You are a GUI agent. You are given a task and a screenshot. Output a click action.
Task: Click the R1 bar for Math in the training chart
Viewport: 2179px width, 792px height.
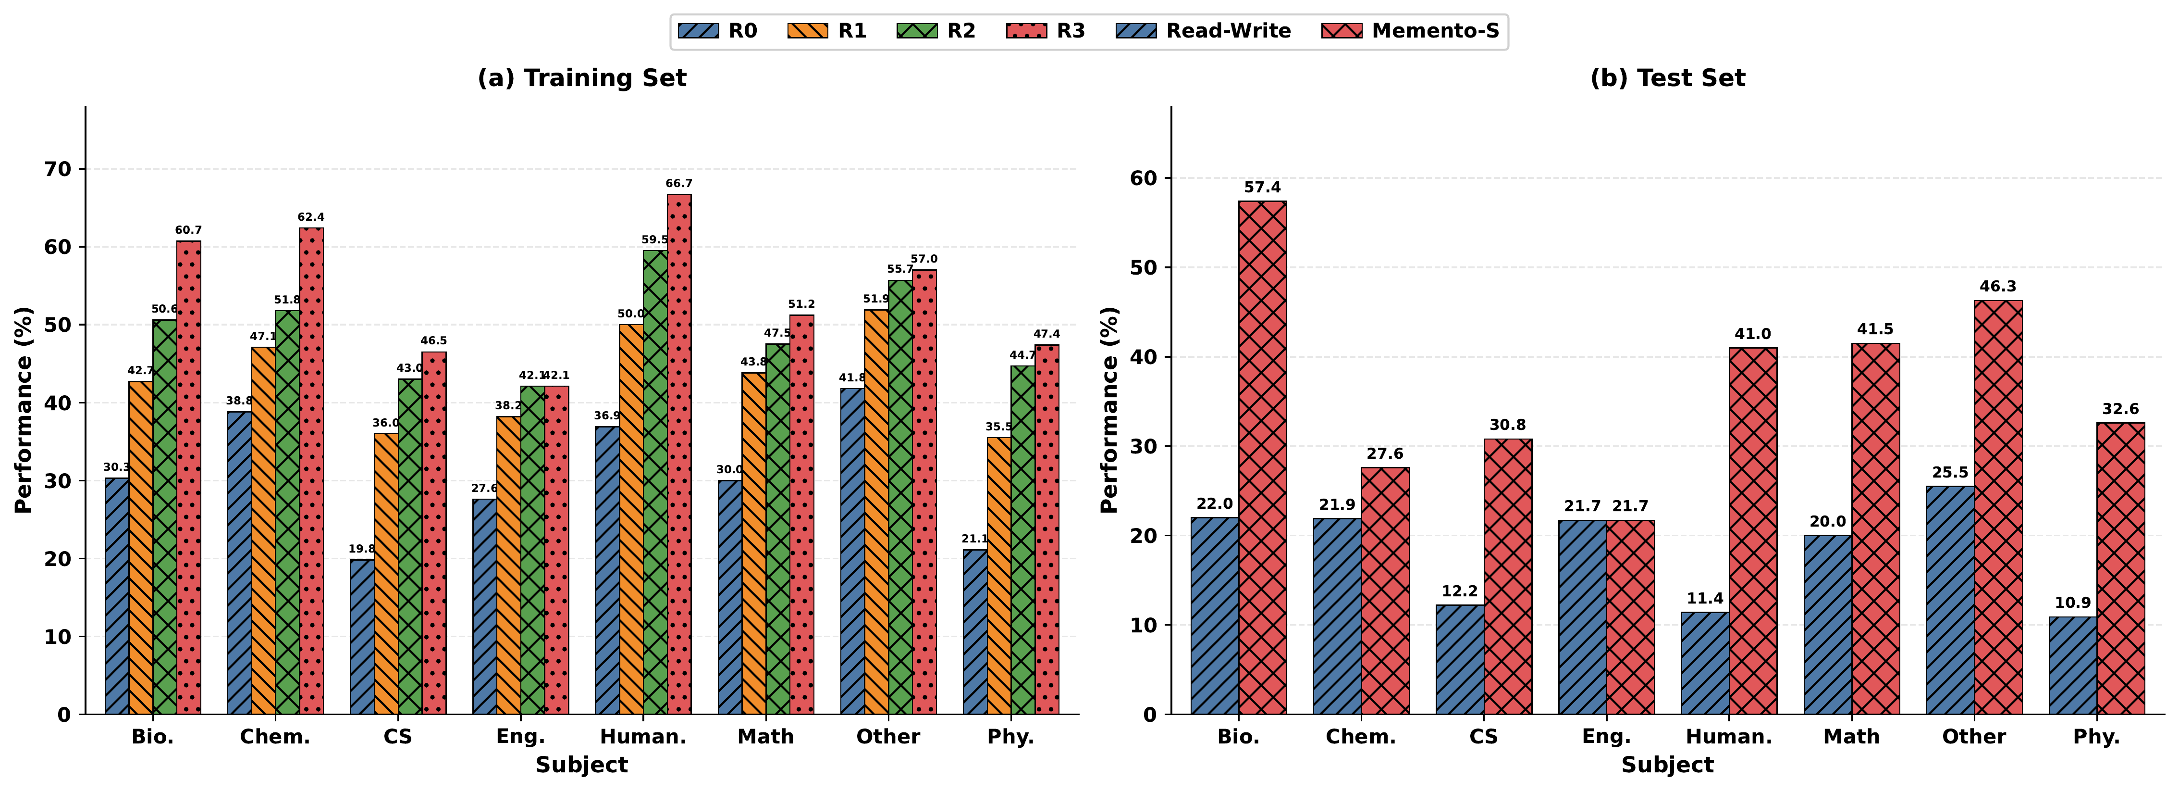coord(754,543)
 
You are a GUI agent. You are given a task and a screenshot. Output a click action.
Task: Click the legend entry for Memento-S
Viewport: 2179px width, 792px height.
coord(1410,31)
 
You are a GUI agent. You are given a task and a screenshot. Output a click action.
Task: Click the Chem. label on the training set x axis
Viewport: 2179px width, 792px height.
coord(275,737)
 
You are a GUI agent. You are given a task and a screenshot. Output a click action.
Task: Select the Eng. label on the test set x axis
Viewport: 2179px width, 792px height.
coord(1606,737)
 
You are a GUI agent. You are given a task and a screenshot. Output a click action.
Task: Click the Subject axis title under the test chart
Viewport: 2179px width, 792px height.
coord(1667,765)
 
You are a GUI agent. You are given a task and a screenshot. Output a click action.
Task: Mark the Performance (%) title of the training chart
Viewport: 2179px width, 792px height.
coord(24,410)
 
